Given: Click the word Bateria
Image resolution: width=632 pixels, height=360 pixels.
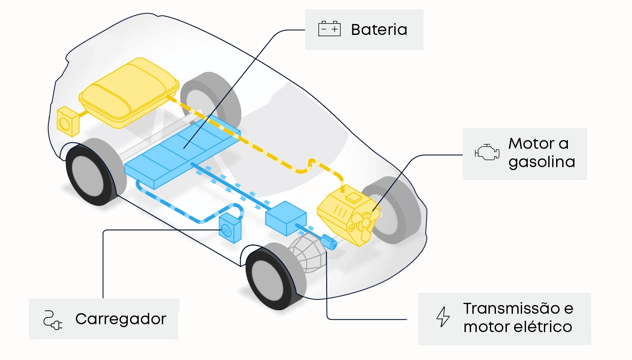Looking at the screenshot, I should point(379,30).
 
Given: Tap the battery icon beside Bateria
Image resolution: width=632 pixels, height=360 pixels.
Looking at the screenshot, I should point(329,29).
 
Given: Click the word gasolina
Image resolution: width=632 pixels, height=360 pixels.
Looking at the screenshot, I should point(542,162).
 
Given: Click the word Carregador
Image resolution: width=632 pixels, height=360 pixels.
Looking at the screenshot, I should point(121,319).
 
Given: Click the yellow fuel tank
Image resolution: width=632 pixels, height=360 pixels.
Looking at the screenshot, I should point(129,92).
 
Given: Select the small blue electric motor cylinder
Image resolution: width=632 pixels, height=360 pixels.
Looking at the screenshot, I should point(328,242).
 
